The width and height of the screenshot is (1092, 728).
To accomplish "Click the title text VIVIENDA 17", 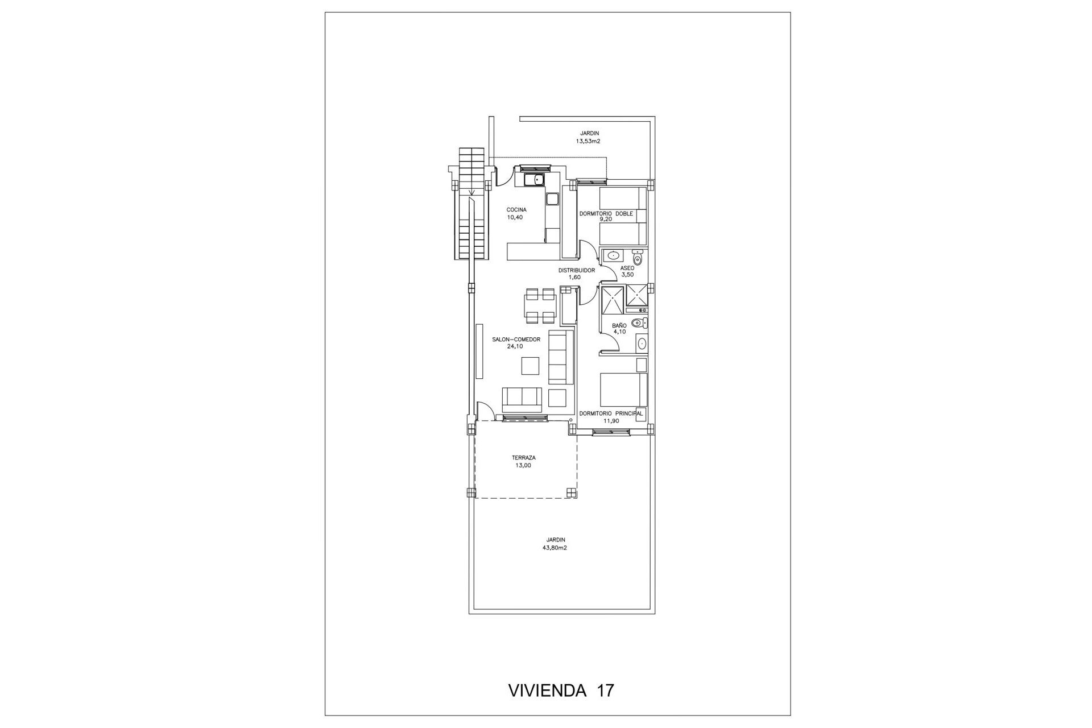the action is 560,690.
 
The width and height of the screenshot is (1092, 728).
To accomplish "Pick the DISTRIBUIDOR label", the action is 576,271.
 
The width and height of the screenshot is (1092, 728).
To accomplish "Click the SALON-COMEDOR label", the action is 516,340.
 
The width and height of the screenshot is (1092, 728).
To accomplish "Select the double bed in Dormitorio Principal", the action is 624,390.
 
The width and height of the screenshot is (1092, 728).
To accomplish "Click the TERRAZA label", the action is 523,458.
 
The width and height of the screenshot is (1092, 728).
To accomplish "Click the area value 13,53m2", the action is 588,141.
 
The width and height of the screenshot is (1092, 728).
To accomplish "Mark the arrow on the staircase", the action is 472,202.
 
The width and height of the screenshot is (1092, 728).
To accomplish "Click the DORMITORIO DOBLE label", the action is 606,214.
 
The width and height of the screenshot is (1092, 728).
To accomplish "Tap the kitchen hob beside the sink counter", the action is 154,199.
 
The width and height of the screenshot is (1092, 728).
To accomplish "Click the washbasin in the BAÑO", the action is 642,344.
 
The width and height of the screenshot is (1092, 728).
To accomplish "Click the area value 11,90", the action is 611,421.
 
